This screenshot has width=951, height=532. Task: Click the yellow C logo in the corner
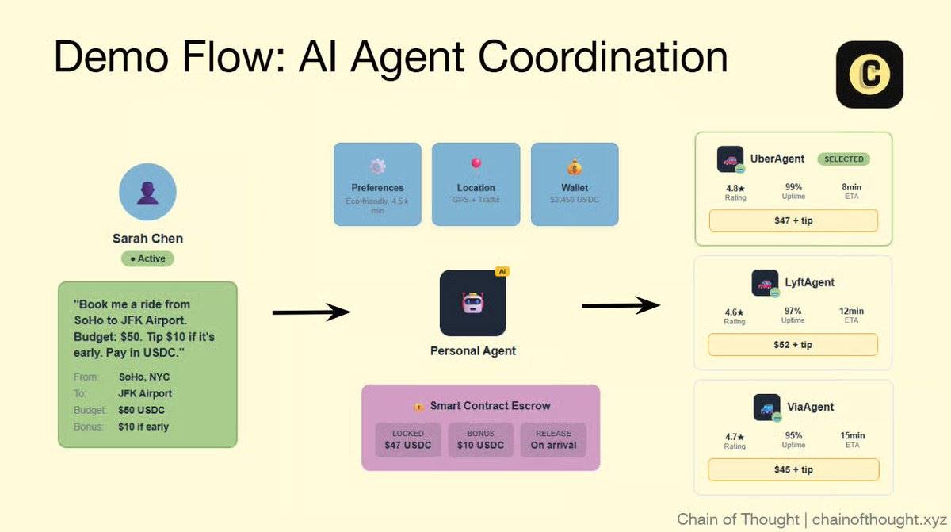tap(869, 75)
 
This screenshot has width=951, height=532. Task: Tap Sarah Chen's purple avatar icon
tap(147, 193)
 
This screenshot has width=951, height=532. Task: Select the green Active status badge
tap(147, 258)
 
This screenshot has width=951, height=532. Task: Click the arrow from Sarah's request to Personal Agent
tap(311, 312)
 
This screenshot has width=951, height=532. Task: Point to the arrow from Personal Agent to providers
tap(621, 306)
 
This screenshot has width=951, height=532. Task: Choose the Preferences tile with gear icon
tap(377, 184)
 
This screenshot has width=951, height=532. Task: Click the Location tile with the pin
tap(475, 184)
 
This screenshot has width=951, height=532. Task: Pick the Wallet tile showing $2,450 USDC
tap(575, 184)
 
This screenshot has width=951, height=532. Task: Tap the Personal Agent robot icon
tap(472, 303)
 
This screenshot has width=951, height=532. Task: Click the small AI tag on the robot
tap(501, 272)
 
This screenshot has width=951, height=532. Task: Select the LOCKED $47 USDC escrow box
tap(408, 439)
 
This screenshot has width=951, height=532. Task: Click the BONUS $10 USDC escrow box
tap(480, 439)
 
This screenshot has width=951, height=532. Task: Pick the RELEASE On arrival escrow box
tap(553, 439)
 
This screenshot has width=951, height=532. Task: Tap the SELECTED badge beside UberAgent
tap(843, 159)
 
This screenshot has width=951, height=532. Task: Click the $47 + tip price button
tap(793, 220)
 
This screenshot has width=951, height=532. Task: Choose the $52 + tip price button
tap(792, 345)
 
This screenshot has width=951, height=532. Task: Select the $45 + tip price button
tap(793, 469)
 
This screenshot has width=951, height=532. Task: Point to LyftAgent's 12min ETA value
tap(851, 312)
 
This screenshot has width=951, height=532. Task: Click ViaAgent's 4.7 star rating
tap(735, 436)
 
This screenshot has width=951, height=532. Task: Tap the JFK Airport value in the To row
tap(145, 393)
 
